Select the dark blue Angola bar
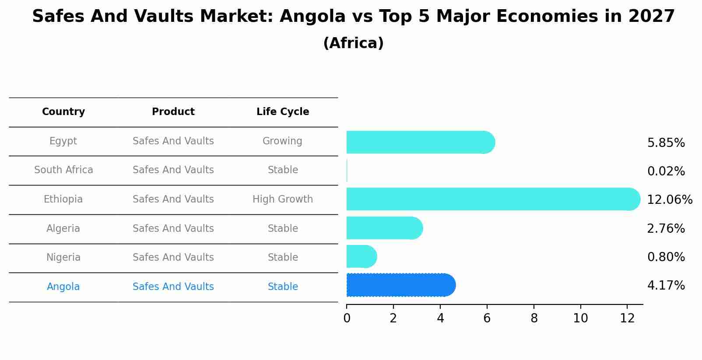pyautogui.click(x=400, y=285)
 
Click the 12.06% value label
pyautogui.click(x=669, y=200)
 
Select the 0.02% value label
pyautogui.click(x=666, y=171)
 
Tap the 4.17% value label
pyautogui.click(x=666, y=286)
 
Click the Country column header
pyautogui.click(x=63, y=112)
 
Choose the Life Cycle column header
pyautogui.click(x=283, y=112)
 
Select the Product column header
pyautogui.click(x=173, y=112)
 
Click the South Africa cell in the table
pyautogui.click(x=63, y=170)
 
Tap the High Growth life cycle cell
pyautogui.click(x=283, y=199)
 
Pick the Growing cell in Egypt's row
pyautogui.click(x=282, y=141)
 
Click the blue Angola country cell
pyautogui.click(x=63, y=287)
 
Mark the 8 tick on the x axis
pyautogui.click(x=534, y=318)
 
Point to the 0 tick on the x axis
pyautogui.click(x=347, y=318)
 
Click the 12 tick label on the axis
pyautogui.click(x=627, y=318)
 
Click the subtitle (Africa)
pyautogui.click(x=353, y=43)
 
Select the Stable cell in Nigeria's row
pyautogui.click(x=283, y=258)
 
